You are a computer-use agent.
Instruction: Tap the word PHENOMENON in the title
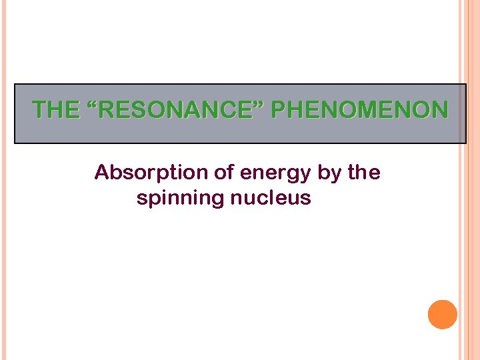tap(359, 110)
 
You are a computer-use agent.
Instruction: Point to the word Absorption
tap(151, 173)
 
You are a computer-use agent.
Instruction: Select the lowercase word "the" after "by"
tap(364, 173)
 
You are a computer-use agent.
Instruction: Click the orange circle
tap(443, 314)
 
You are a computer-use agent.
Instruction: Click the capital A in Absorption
tap(101, 173)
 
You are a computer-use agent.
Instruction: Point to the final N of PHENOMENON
tap(440, 110)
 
